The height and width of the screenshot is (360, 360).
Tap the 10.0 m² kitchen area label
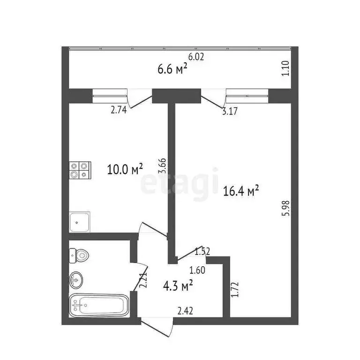coord(125,169)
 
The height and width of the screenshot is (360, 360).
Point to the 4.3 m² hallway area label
coord(179,285)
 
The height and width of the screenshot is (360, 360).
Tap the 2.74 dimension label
coord(120,111)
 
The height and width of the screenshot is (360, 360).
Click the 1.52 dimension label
coord(202,251)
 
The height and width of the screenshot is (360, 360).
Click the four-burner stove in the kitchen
coord(79,170)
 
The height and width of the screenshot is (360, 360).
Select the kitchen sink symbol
coord(80,222)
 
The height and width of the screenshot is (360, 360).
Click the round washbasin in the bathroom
coord(76,280)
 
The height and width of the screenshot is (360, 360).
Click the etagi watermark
coord(180,183)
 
